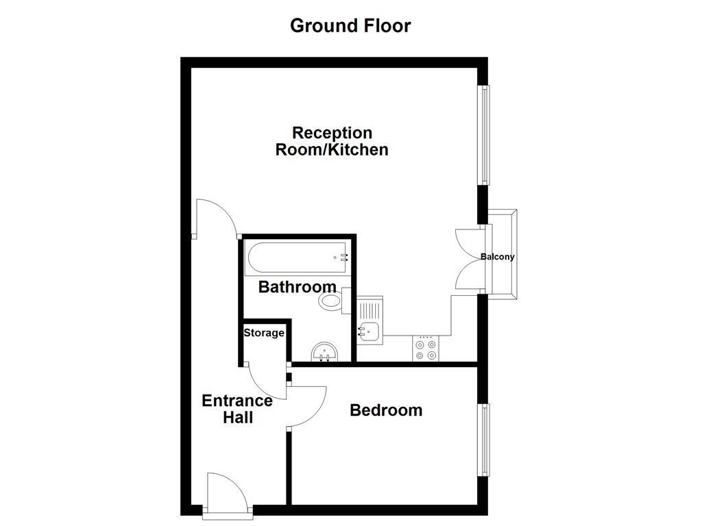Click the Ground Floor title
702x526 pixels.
350,26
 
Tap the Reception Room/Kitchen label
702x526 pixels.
332,141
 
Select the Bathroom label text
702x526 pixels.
297,287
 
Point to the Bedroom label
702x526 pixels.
386,410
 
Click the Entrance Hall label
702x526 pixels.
237,409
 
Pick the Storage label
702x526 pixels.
264,333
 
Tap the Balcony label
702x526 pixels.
497,257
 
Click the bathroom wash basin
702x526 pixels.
324,353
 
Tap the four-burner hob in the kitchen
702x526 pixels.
426,349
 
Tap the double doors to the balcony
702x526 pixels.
468,258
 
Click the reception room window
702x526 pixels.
485,134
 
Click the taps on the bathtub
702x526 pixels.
343,258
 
